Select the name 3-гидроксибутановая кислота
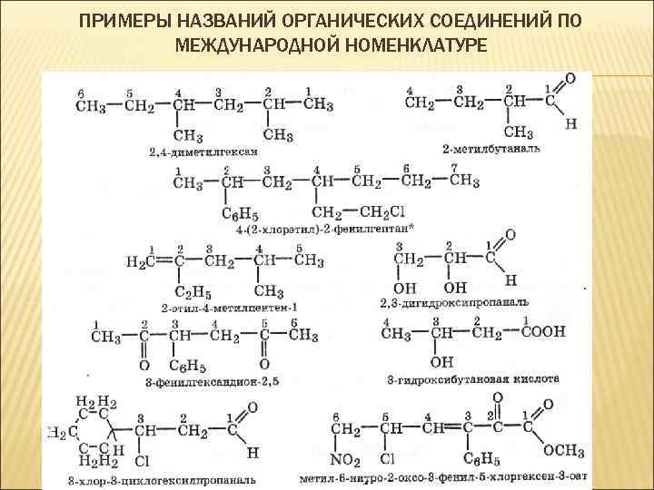pyautogui.click(x=472, y=378)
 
